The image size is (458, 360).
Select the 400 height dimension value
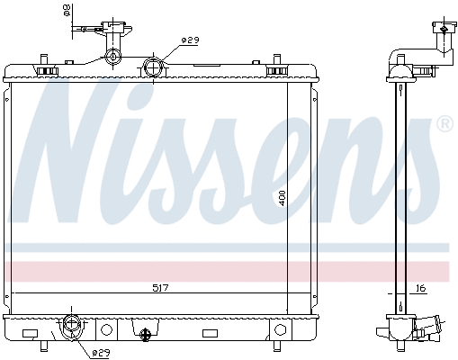click(282, 197)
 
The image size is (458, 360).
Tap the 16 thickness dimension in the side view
click(419, 288)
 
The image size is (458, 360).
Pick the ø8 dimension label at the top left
click(66, 10)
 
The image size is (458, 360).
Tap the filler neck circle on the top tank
click(112, 58)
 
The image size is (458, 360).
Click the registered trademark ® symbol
click(444, 123)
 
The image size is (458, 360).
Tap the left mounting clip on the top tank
click(41, 67)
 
